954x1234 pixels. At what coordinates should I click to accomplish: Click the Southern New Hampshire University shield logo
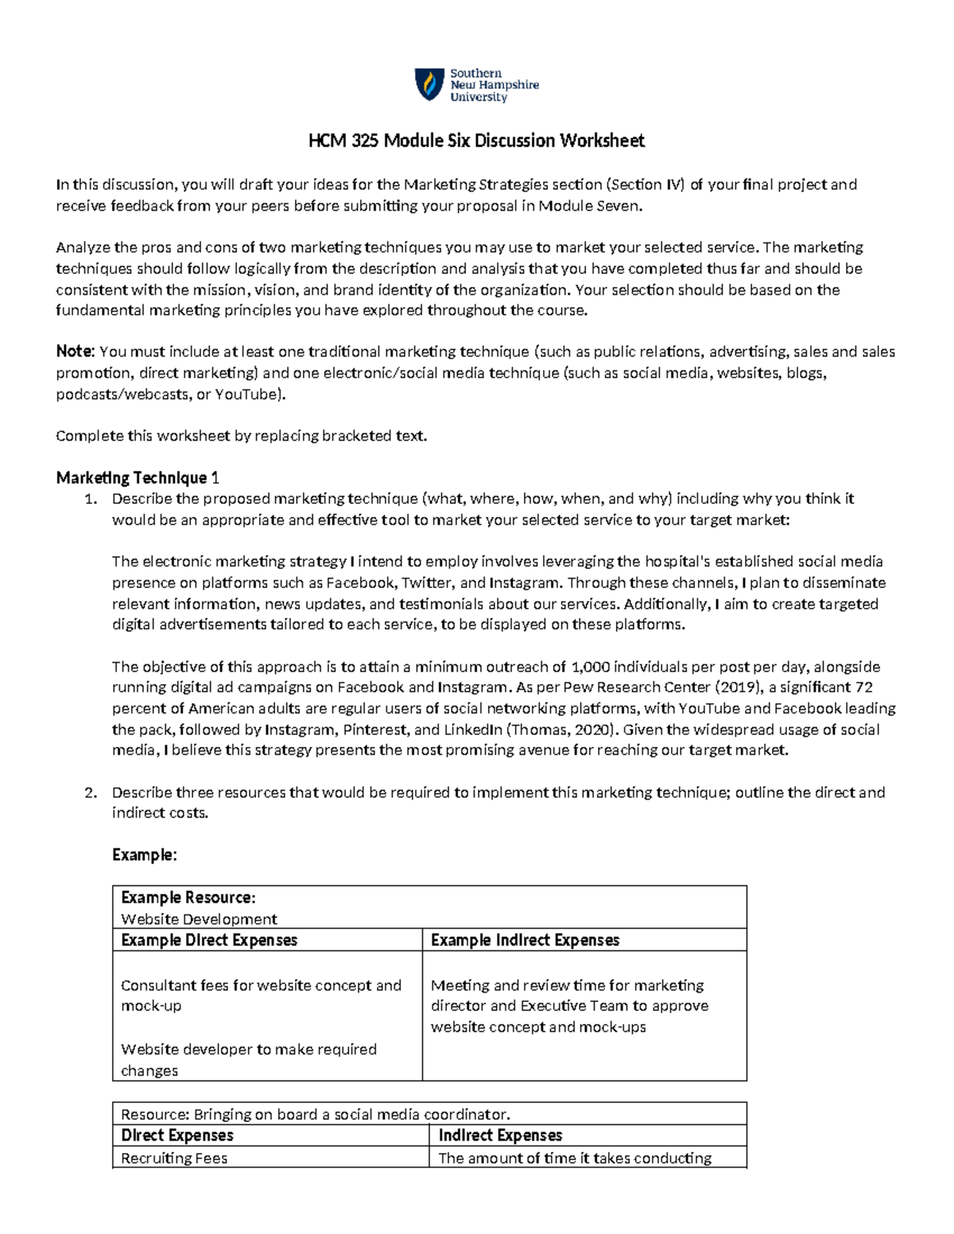(429, 84)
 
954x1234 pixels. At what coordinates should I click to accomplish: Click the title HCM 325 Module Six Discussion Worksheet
(476, 141)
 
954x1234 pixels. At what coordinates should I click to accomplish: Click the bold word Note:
(76, 352)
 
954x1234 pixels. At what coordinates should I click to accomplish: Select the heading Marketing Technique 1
(137, 478)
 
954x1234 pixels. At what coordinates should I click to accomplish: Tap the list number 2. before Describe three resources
(91, 792)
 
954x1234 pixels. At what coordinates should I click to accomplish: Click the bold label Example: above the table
(144, 855)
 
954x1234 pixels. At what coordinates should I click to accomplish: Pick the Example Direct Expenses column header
(208, 940)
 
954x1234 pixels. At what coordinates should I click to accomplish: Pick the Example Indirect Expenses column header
(525, 940)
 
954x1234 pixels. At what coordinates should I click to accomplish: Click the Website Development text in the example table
(199, 919)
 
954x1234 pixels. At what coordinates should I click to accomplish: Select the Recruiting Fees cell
(174, 1158)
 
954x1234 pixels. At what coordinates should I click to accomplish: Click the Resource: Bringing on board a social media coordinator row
(315, 1114)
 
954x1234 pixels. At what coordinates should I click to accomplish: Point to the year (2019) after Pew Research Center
(737, 687)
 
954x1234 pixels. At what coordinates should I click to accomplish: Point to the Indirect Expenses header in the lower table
(500, 1135)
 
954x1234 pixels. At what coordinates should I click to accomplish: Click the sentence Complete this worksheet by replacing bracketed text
(242, 435)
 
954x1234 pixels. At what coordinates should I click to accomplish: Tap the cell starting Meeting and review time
(568, 1006)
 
